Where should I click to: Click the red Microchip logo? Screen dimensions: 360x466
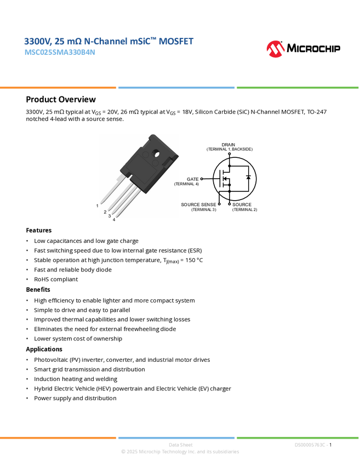276,49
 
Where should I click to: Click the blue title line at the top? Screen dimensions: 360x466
108,41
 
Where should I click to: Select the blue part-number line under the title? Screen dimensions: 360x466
60,53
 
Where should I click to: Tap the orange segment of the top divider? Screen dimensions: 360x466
58,87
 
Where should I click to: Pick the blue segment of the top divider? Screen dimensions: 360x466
176,87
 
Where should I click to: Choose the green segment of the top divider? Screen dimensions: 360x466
298,87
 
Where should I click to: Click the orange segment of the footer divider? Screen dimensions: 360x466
58,437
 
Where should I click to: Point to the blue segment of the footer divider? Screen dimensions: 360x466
176,437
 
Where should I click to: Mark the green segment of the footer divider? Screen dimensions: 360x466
298,437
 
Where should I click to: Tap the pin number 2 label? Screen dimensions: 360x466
105,211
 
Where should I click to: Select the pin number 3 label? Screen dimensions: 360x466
110,216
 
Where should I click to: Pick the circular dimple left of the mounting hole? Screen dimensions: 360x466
146,155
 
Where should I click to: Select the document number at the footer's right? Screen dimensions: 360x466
311,445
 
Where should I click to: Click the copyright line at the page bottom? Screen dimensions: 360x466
180,452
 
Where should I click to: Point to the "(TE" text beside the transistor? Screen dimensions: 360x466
177,184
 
